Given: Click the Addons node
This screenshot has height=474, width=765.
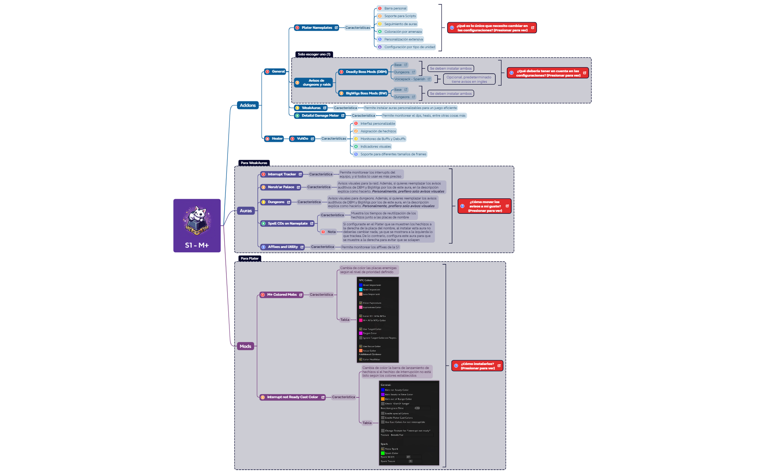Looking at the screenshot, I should pyautogui.click(x=248, y=105).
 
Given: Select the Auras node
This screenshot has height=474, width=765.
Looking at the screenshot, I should pyautogui.click(x=245, y=211).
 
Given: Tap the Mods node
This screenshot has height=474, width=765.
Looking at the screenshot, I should pyautogui.click(x=245, y=346).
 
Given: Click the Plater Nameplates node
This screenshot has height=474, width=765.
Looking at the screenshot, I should pyautogui.click(x=316, y=28).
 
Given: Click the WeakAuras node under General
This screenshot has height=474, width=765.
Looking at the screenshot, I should pyautogui.click(x=311, y=108).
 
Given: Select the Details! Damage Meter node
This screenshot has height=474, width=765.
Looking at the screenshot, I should pyautogui.click(x=319, y=116).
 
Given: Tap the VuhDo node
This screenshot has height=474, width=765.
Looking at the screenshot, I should pyautogui.click(x=302, y=139).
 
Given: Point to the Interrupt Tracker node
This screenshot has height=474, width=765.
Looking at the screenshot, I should pyautogui.click(x=281, y=174).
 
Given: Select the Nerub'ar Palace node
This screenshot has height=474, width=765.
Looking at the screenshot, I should pyautogui.click(x=280, y=187).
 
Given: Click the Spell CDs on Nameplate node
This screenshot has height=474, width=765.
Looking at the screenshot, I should pyautogui.click(x=287, y=224).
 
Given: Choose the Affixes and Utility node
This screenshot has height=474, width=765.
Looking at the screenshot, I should pyautogui.click(x=282, y=247).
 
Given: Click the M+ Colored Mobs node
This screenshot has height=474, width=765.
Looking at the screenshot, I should pyautogui.click(x=281, y=295).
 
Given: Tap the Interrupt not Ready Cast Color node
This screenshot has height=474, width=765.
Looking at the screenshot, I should pyautogui.click(x=292, y=397).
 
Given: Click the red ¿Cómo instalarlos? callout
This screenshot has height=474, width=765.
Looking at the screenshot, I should pyautogui.click(x=477, y=366).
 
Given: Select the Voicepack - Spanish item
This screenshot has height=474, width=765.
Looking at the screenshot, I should pyautogui.click(x=410, y=79).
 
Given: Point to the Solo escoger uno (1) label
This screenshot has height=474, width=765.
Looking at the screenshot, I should pyautogui.click(x=314, y=54).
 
